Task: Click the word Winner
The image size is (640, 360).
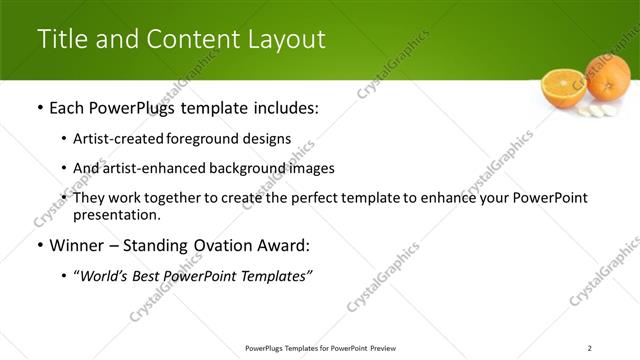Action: pos(78,246)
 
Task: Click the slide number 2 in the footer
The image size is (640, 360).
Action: pos(590,348)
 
